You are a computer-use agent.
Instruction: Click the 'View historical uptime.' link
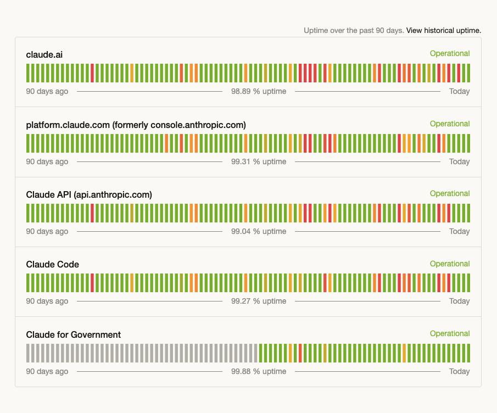click(443, 30)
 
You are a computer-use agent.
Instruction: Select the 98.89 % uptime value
click(259, 91)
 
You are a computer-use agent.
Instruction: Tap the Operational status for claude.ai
click(449, 53)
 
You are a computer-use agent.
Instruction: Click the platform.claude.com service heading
click(136, 125)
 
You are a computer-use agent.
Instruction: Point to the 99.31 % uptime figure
click(259, 161)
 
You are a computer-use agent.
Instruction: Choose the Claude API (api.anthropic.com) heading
click(89, 194)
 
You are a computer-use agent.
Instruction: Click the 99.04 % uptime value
click(259, 231)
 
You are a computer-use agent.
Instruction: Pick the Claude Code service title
click(53, 264)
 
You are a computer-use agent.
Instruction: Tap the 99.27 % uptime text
click(259, 301)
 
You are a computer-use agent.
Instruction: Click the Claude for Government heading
click(74, 334)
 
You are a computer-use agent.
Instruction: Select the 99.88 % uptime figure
click(259, 371)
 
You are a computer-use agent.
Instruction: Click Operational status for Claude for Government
click(449, 333)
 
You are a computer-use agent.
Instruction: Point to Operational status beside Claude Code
click(449, 264)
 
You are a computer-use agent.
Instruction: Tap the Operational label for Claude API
click(449, 193)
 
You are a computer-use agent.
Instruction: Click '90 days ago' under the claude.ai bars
click(47, 91)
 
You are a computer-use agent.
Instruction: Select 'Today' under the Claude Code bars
click(459, 301)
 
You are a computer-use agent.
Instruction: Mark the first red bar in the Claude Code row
click(92, 283)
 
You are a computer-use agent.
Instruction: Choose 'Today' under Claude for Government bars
click(459, 371)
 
